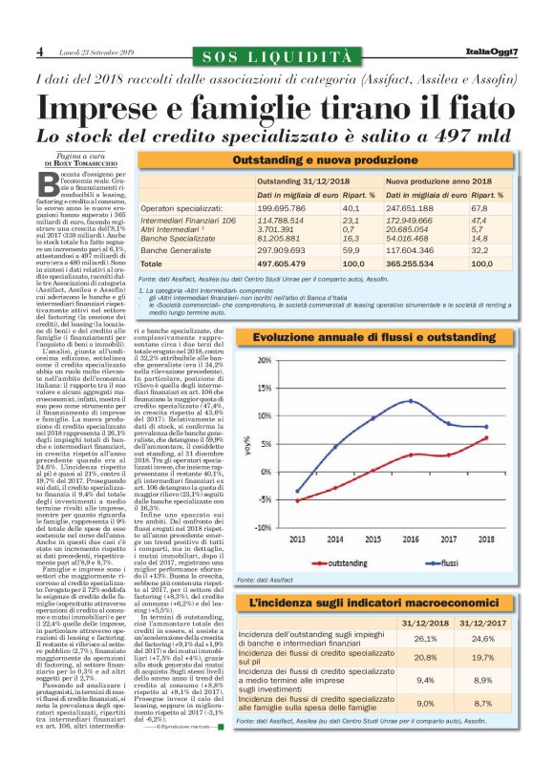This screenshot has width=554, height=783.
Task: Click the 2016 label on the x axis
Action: (x=411, y=537)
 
